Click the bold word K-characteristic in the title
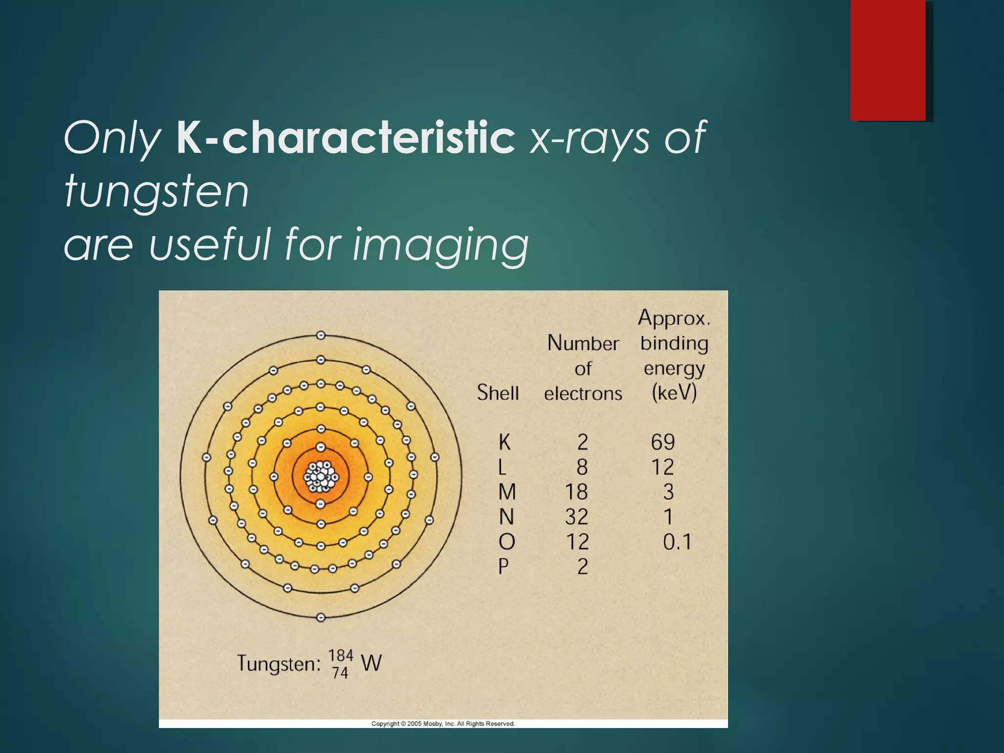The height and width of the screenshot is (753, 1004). (x=345, y=138)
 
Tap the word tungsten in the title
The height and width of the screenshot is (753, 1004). (x=156, y=192)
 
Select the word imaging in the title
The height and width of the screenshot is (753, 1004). (x=441, y=245)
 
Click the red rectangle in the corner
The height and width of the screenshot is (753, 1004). (x=888, y=60)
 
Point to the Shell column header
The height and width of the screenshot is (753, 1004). (x=498, y=393)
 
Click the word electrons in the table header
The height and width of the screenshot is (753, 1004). (x=583, y=393)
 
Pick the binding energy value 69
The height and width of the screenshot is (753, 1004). (x=663, y=442)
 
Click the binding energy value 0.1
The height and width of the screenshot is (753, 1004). (x=677, y=542)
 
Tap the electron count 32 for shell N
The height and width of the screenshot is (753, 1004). (x=577, y=517)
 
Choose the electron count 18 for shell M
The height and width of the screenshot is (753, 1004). (x=577, y=492)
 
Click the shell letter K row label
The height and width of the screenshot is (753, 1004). (x=504, y=442)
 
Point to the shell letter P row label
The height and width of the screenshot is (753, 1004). (x=503, y=567)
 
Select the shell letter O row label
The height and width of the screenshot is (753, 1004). (x=506, y=542)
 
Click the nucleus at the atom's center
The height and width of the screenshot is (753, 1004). (x=321, y=476)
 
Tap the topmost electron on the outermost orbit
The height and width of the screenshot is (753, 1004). (x=321, y=336)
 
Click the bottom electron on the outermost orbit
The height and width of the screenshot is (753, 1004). (x=321, y=617)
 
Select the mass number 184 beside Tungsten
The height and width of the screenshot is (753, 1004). (x=340, y=655)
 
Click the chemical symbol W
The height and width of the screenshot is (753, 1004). (x=371, y=663)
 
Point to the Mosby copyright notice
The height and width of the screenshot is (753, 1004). (x=443, y=724)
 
